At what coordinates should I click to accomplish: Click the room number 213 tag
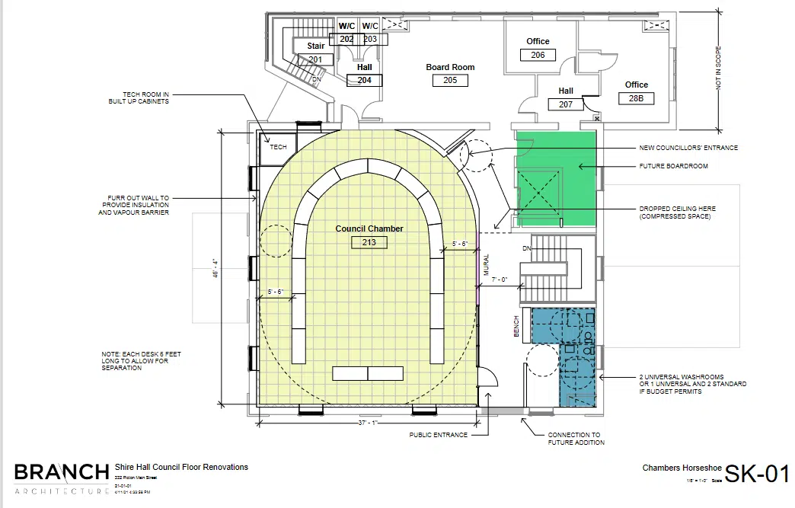[x=369, y=243]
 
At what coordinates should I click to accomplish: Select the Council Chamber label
[x=369, y=228]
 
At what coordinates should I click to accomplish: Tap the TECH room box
[x=278, y=147]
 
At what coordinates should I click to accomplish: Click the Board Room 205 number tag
[x=450, y=80]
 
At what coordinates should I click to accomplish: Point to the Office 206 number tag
[x=538, y=55]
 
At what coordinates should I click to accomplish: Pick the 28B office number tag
[x=636, y=98]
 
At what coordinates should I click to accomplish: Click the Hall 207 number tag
[x=566, y=104]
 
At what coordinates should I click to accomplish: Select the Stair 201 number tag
[x=315, y=59]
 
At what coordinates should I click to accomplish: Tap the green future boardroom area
[x=556, y=179]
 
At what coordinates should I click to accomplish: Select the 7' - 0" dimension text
[x=500, y=280]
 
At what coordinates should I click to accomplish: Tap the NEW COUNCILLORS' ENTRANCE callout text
[x=688, y=148]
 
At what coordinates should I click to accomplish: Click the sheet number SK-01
[x=756, y=474]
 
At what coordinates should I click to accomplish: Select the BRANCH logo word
[x=61, y=471]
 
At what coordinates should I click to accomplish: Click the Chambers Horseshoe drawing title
[x=674, y=468]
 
